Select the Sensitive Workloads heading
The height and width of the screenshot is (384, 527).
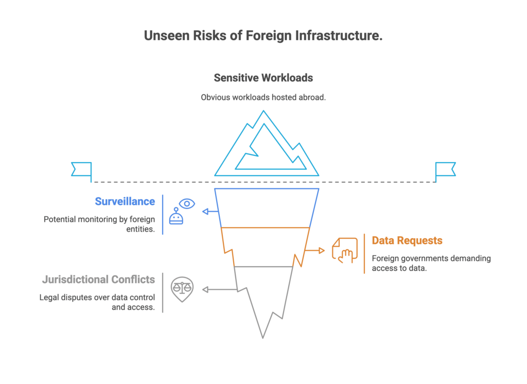click(x=263, y=78)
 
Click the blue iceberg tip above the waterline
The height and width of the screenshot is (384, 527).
click(x=267, y=147)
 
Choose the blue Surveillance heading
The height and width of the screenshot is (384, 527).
click(x=125, y=201)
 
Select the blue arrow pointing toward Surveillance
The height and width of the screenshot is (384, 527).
click(x=208, y=211)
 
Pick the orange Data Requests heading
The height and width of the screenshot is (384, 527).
click(x=407, y=240)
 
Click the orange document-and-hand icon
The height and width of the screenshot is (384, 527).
click(x=344, y=250)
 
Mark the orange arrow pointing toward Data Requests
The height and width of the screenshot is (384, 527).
click(x=315, y=251)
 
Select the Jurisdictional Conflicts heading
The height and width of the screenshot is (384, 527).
click(x=98, y=280)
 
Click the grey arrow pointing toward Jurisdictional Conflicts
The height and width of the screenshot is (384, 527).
click(x=219, y=290)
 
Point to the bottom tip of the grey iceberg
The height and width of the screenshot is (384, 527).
click(x=263, y=337)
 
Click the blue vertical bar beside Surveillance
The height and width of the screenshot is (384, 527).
click(x=163, y=214)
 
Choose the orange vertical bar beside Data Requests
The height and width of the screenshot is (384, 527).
click(x=364, y=253)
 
